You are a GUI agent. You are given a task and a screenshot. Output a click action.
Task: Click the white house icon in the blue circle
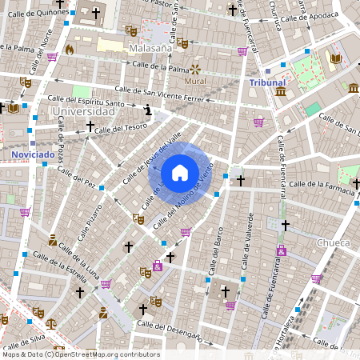point(180,172)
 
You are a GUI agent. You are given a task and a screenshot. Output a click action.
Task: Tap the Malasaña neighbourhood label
point(151,48)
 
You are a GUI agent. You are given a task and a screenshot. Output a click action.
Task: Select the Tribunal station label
point(267,82)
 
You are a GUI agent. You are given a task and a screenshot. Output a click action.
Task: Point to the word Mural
point(195,81)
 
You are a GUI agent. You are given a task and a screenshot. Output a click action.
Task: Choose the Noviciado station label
point(33,153)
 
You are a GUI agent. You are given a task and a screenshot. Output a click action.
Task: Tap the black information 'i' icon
point(147,109)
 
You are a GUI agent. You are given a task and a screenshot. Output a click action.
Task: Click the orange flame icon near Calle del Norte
point(70,50)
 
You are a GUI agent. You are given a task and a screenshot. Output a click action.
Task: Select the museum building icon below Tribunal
point(281,93)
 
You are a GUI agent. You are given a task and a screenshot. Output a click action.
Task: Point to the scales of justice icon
point(51,325)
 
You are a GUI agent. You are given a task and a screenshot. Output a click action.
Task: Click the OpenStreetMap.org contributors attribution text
point(108,354)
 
